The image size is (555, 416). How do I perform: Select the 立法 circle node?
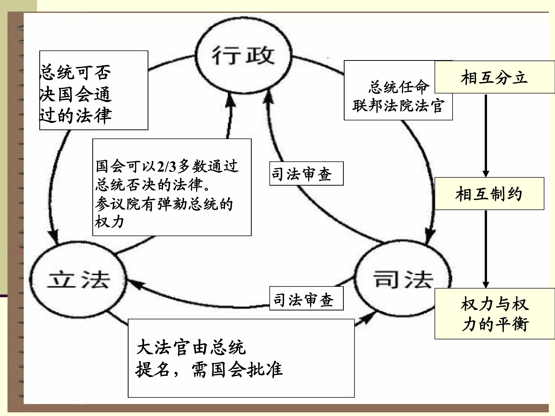click(78, 280)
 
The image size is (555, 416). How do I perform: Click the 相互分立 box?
click(494, 77)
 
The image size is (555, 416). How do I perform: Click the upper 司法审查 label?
click(302, 174)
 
